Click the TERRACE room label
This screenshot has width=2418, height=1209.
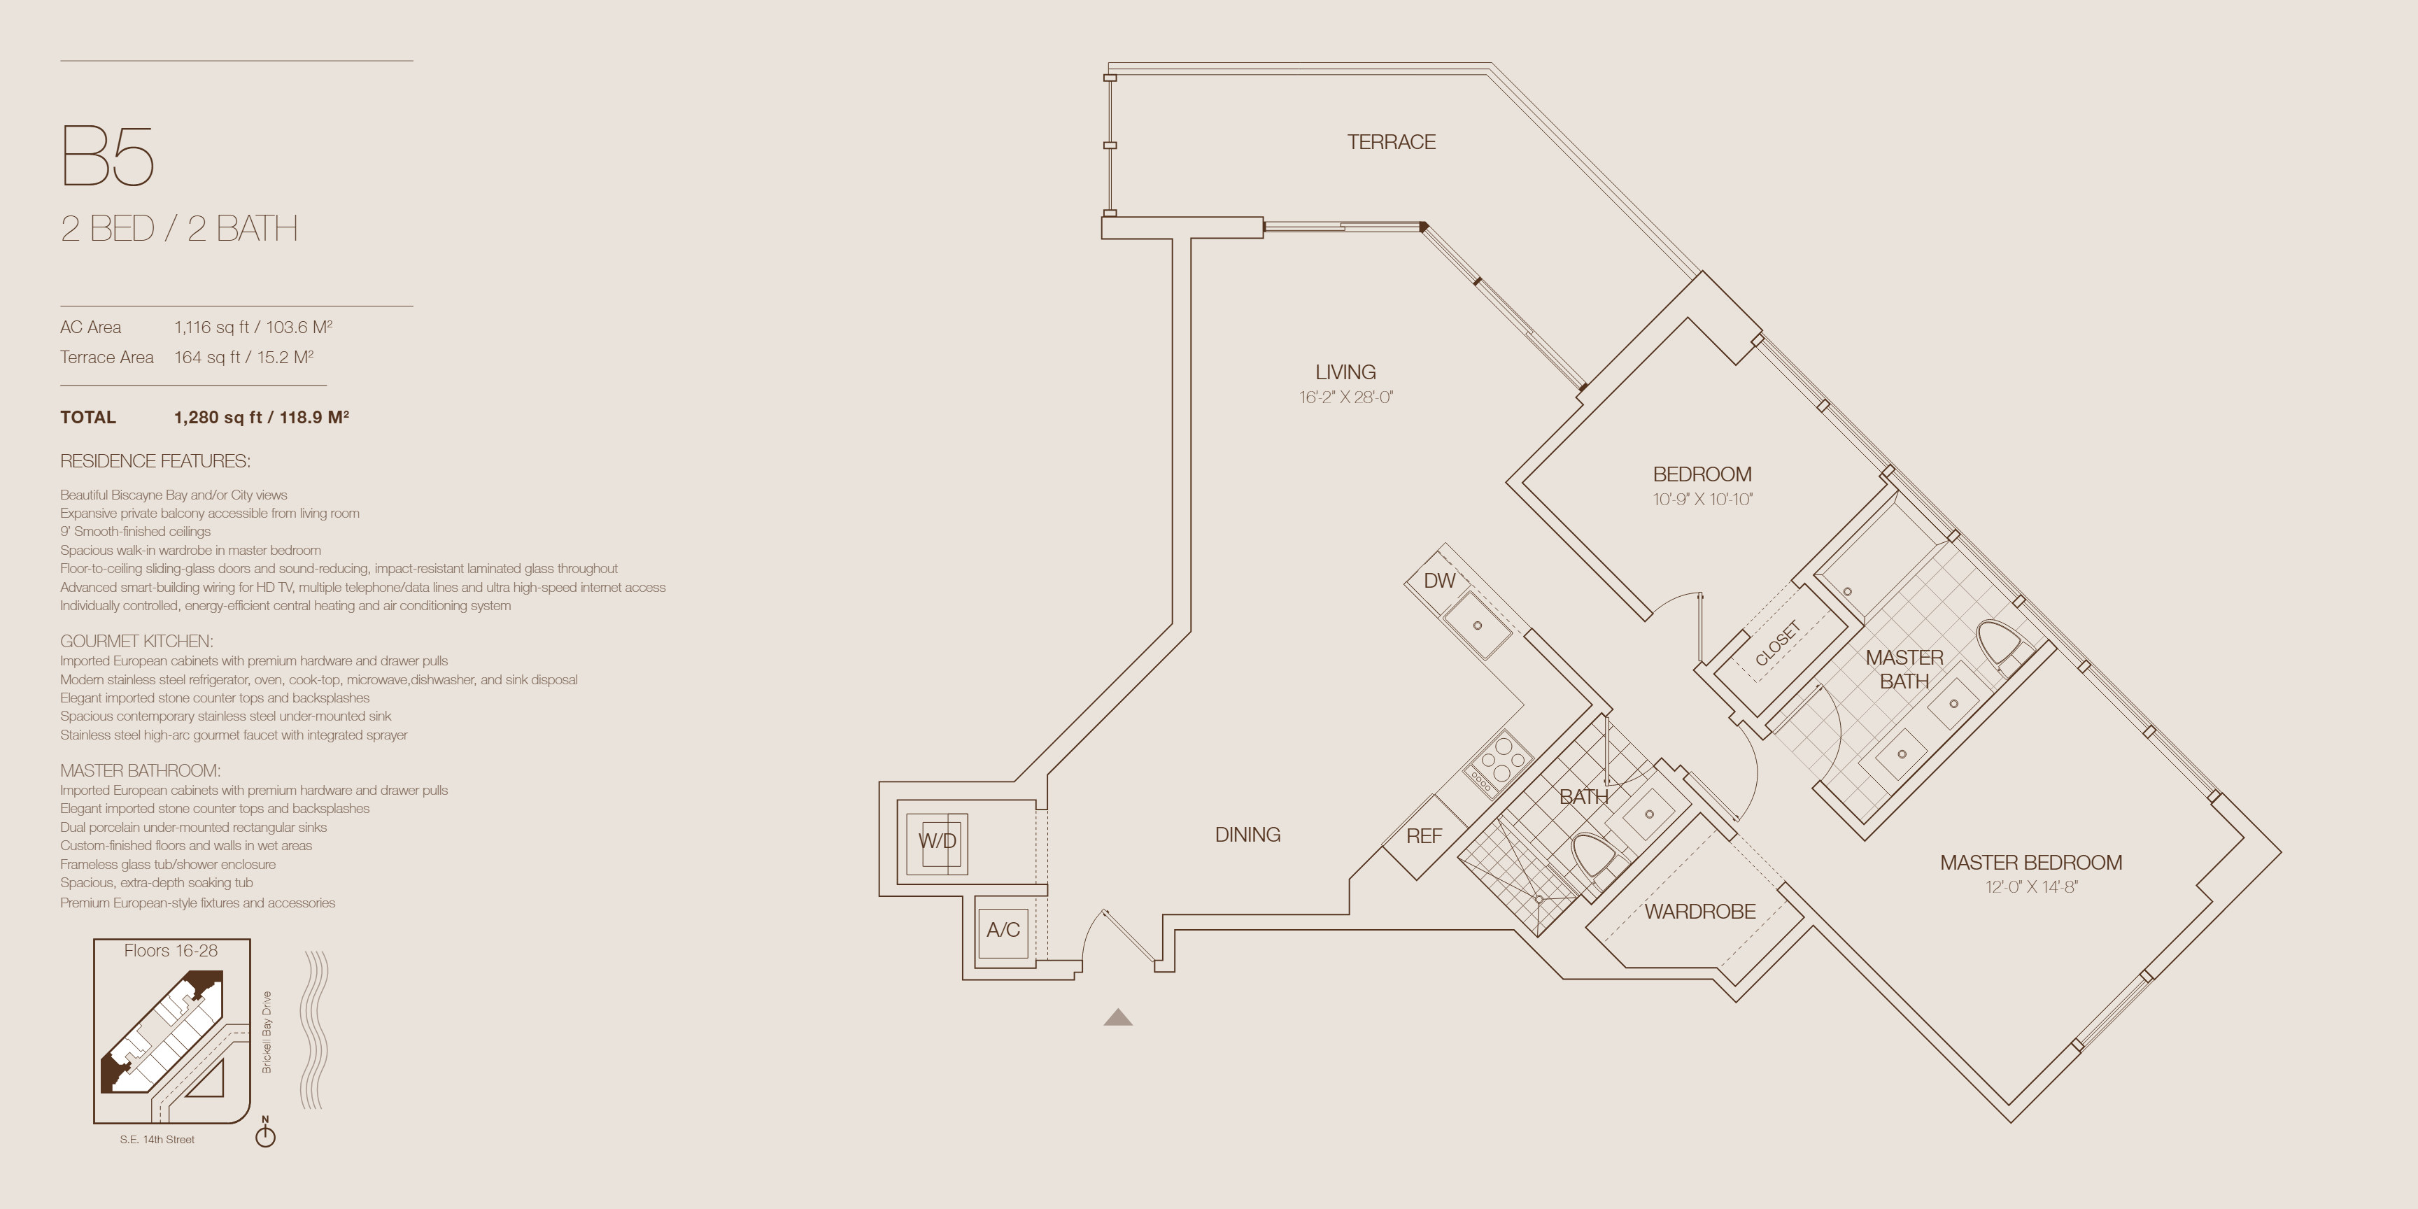1391,142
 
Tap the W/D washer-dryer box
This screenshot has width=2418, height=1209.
937,841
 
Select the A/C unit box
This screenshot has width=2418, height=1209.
1003,929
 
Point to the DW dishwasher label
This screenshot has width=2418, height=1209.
1439,580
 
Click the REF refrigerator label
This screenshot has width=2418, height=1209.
1424,835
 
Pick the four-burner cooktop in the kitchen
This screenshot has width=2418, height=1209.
1498,765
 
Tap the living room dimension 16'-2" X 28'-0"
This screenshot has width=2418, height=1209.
1346,397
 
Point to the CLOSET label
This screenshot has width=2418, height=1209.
1778,643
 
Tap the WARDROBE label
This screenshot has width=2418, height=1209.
1700,912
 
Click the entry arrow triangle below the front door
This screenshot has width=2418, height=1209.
1118,1017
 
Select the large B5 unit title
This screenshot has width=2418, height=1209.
107,156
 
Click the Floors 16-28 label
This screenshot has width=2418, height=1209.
171,950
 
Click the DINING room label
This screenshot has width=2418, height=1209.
1247,835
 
